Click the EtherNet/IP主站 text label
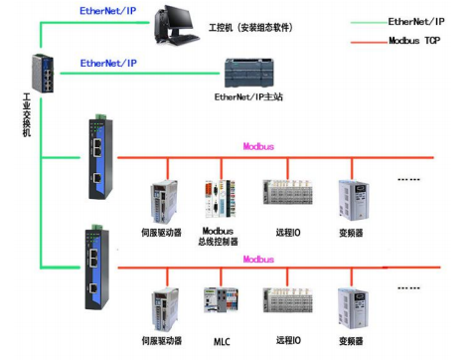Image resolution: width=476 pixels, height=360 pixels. [249, 97]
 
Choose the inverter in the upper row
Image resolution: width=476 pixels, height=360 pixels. [353, 200]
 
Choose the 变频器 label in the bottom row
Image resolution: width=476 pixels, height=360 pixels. [353, 341]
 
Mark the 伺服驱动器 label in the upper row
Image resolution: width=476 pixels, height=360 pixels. [162, 235]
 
